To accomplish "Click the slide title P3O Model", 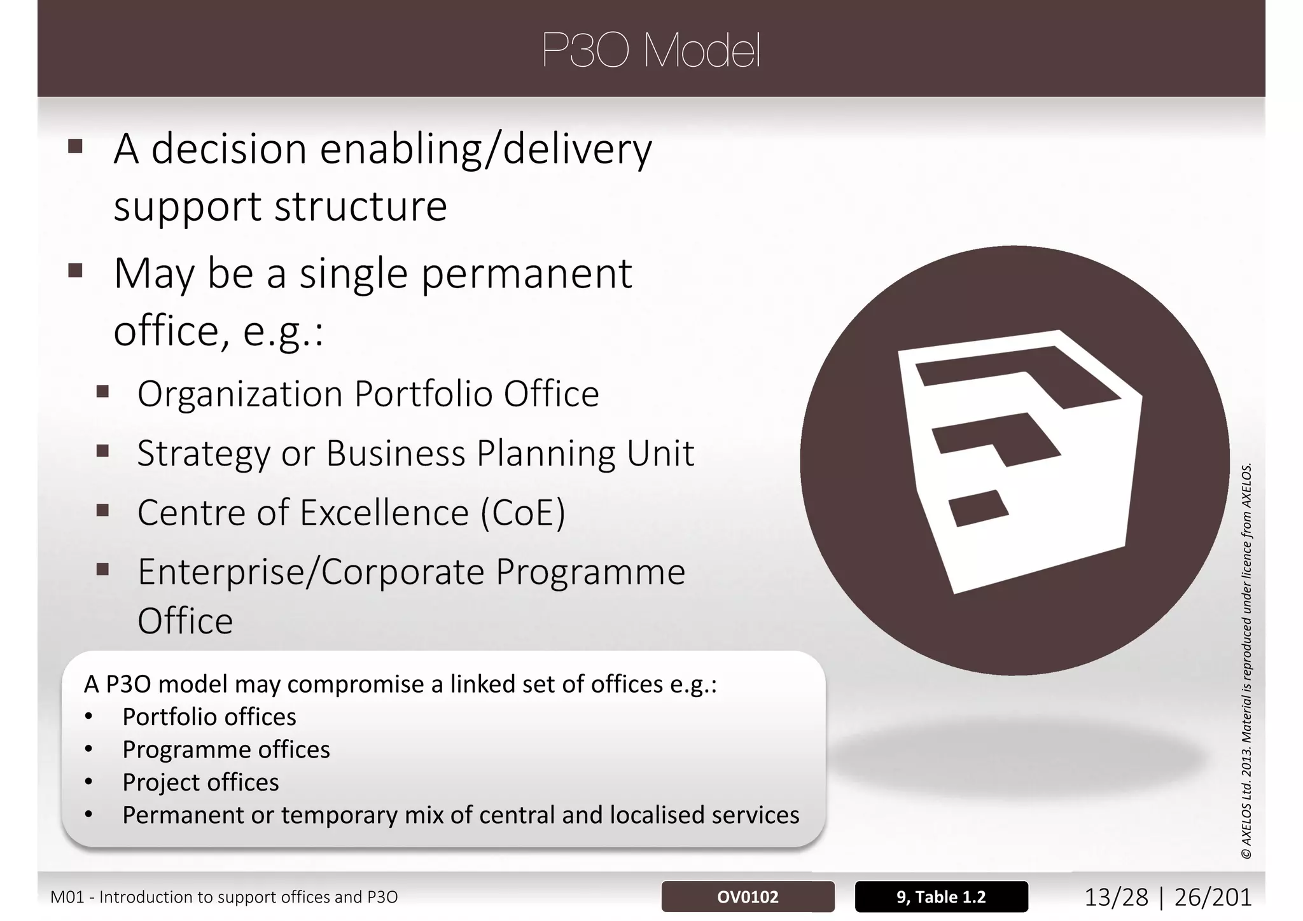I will point(651,51).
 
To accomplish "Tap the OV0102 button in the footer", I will point(748,897).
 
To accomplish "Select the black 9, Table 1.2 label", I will point(941,897).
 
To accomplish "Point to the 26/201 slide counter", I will point(1213,897).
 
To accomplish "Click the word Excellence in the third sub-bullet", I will point(384,513).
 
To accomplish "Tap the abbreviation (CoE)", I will point(522,513).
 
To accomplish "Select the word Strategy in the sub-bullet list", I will point(204,454).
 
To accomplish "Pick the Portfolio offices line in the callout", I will point(209,717).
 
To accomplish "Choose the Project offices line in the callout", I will point(200,782).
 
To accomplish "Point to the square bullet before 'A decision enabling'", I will point(75,147).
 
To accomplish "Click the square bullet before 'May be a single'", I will point(75,272).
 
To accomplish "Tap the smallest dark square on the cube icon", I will point(978,508).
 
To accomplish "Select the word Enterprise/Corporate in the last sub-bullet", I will point(312,572).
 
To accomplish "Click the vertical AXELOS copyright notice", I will point(1247,661).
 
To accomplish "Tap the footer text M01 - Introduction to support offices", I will point(224,897).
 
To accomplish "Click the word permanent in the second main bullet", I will point(527,274).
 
